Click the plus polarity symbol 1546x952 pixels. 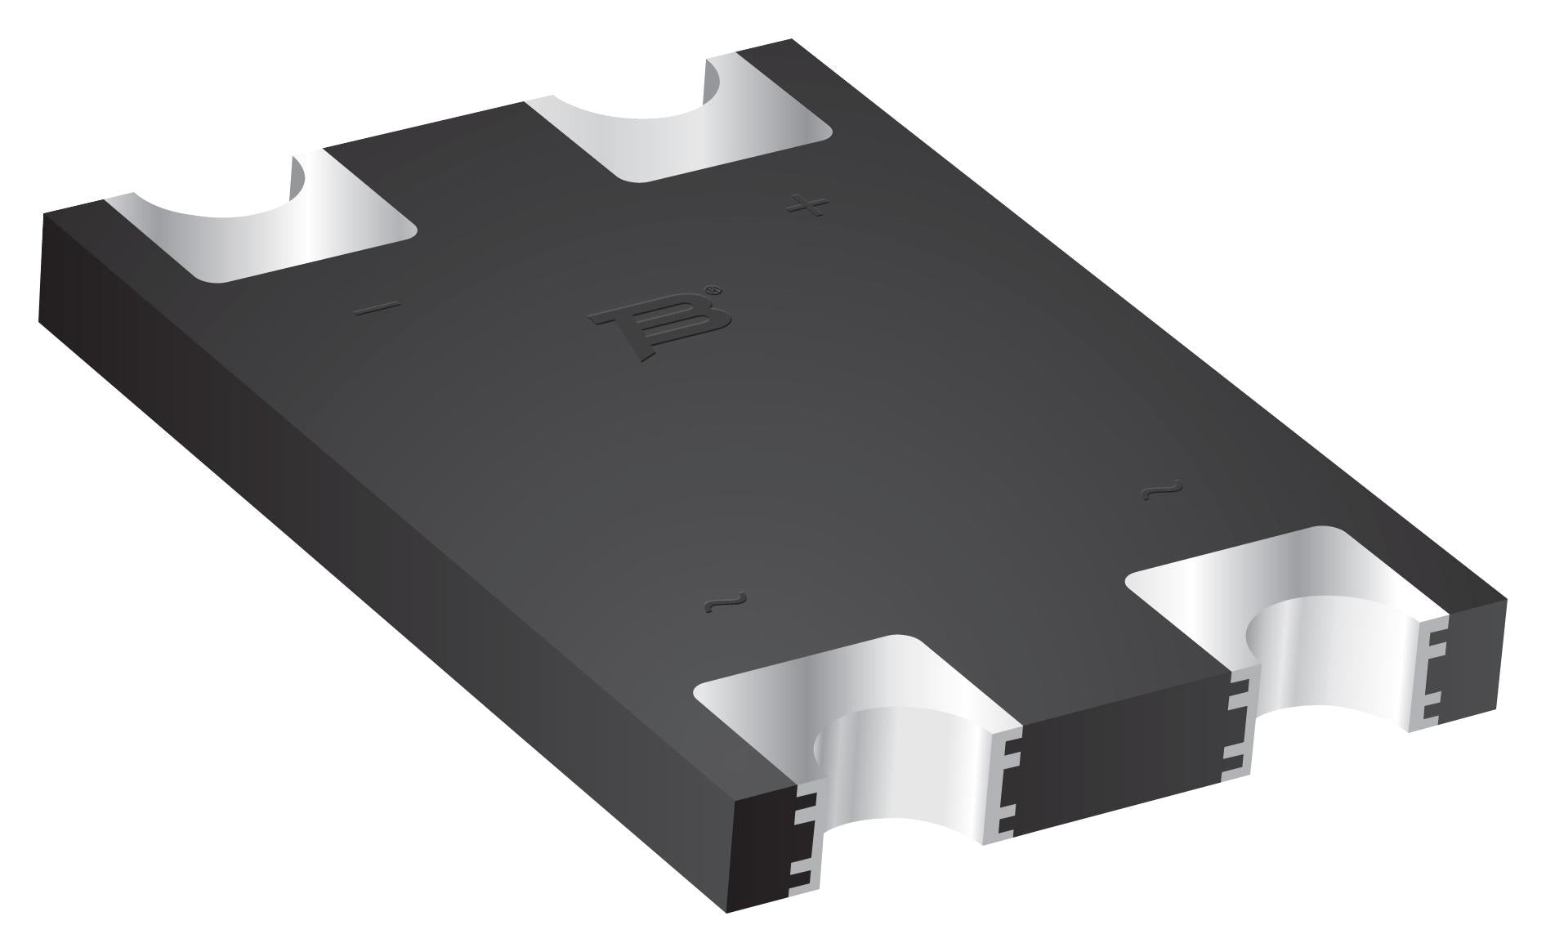(807, 205)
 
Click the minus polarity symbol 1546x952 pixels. (378, 308)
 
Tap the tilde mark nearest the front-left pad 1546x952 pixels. (725, 603)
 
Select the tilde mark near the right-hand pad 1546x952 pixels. (1161, 491)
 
